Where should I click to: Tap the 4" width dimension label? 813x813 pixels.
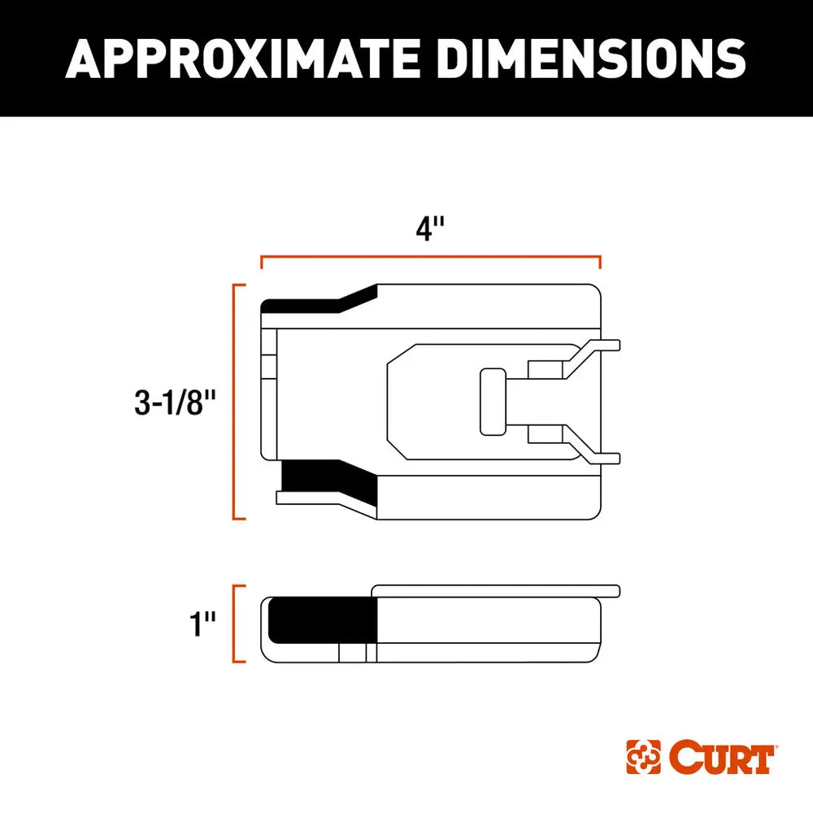[x=432, y=229]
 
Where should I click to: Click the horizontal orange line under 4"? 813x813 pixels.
[x=431, y=256]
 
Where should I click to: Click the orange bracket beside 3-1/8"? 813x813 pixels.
[x=236, y=402]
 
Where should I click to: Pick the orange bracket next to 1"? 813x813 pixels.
[x=236, y=624]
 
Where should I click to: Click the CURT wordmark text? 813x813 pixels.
[x=720, y=758]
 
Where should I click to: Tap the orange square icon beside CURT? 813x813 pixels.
[x=643, y=758]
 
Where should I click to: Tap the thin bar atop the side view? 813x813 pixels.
[x=496, y=589]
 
